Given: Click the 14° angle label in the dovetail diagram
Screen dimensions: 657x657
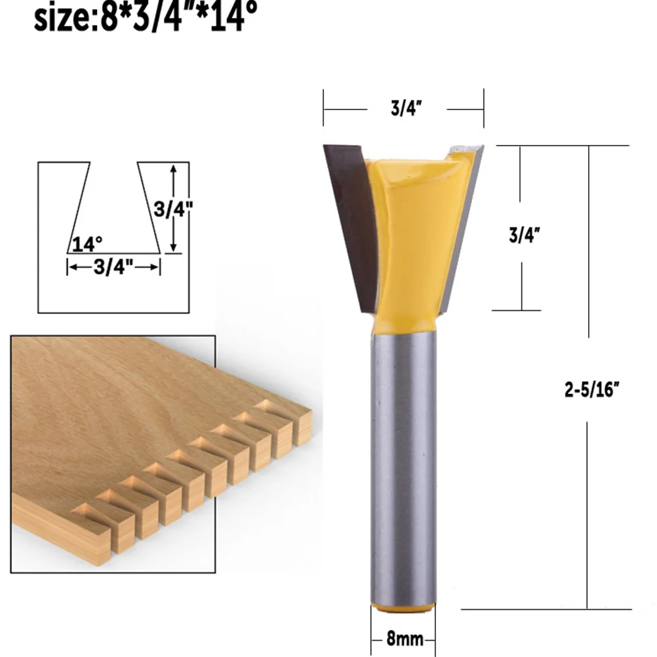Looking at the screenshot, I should [88, 245].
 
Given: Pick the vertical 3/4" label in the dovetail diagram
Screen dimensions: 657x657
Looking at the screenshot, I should [172, 210].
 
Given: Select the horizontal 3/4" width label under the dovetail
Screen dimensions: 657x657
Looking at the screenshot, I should [113, 266].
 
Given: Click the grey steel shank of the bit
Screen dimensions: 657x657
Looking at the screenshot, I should [401, 459].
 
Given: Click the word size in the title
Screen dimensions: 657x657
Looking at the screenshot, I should [62, 18].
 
